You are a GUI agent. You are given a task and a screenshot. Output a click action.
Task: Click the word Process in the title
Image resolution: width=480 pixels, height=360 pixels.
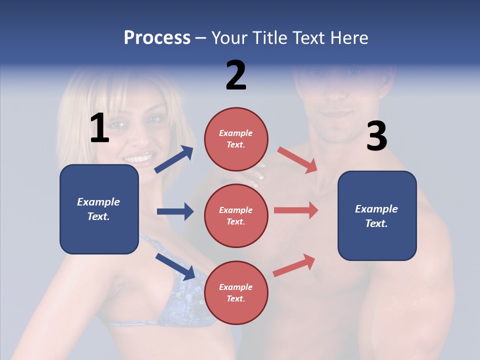coord(157,38)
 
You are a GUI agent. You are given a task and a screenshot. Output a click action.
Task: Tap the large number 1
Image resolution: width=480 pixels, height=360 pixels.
coord(99,128)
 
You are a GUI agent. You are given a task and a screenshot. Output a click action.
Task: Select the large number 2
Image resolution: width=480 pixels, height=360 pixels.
coord(236,75)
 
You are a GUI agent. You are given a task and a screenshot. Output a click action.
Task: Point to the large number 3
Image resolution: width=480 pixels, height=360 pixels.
coord(376,136)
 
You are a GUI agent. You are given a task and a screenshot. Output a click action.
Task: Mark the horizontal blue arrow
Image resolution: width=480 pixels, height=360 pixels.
coord(175,211)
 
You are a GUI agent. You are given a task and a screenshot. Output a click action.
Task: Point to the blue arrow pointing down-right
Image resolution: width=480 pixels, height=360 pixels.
coord(175,266)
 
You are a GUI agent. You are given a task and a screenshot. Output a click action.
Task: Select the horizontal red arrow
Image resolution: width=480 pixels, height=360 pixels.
coord(296,210)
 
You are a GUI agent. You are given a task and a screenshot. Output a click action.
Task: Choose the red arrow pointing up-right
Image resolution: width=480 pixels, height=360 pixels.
coord(294,265)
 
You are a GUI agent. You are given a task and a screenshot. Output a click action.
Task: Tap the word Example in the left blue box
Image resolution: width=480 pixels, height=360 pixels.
coord(98,202)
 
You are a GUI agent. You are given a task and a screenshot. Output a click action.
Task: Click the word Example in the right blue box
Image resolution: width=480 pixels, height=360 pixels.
coord(376,209)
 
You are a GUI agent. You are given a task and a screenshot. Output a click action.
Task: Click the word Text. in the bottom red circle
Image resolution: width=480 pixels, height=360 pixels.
coord(236,299)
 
